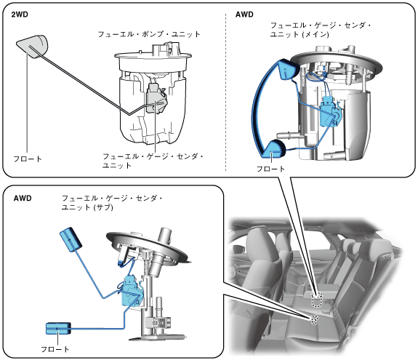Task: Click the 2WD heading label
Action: pyautogui.click(x=20, y=15)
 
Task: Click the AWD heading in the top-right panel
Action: pyautogui.click(x=244, y=15)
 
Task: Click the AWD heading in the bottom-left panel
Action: pyautogui.click(x=23, y=198)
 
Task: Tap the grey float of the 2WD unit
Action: pyautogui.click(x=33, y=46)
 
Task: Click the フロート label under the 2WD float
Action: pyautogui.click(x=28, y=159)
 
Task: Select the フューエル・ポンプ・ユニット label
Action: pyautogui.click(x=149, y=34)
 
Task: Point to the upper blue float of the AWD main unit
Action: pyautogui.click(x=287, y=70)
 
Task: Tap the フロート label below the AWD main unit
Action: pyautogui.click(x=270, y=169)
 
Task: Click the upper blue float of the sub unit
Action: pyautogui.click(x=71, y=239)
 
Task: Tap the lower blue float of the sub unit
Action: pyautogui.click(x=58, y=328)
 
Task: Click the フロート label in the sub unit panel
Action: pyautogui.click(x=55, y=349)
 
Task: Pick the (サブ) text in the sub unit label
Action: pyautogui.click(x=103, y=207)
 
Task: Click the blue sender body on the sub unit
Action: pyautogui.click(x=132, y=292)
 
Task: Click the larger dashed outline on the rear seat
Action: pyautogui.click(x=317, y=299)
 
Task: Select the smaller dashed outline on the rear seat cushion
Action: pyautogui.click(x=314, y=319)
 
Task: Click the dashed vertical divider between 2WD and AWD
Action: pyautogui.click(x=226, y=92)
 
